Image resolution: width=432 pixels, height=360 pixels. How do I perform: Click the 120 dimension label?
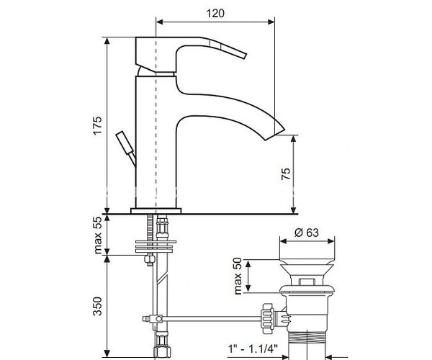(215, 13)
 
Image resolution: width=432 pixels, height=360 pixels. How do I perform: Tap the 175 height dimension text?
(97, 125)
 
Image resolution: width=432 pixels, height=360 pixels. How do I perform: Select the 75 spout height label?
(286, 174)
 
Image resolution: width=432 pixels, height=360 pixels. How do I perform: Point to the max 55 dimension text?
(97, 235)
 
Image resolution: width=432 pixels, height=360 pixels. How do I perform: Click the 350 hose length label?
(97, 306)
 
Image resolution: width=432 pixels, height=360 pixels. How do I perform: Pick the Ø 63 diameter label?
(307, 233)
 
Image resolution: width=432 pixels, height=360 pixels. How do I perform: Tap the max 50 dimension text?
(238, 276)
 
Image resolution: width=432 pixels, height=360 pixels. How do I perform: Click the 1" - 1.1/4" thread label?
(253, 349)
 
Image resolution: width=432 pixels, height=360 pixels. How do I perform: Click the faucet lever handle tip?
(245, 55)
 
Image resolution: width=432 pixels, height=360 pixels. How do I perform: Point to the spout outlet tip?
(275, 135)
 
